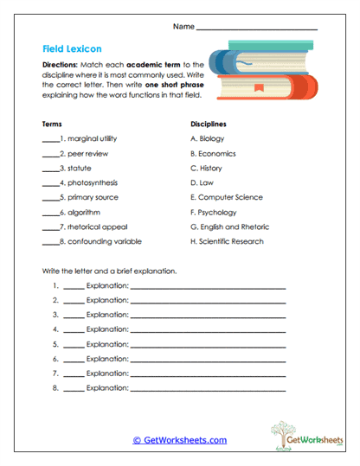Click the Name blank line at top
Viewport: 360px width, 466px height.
[x=256, y=29]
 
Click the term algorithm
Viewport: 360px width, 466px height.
[x=82, y=212]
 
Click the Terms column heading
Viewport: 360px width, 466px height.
[x=51, y=124]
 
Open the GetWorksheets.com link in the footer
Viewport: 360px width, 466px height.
[x=179, y=440]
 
